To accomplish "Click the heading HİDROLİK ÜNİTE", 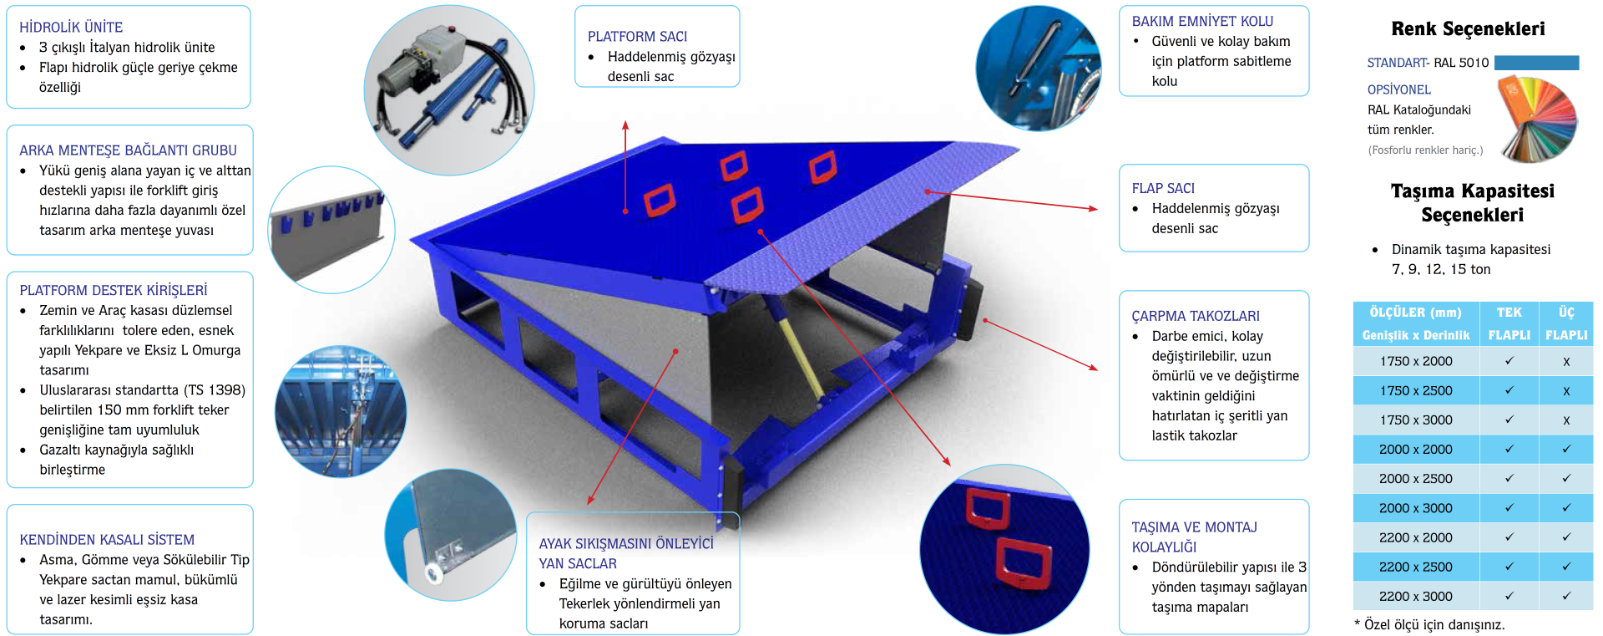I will pos(71,28).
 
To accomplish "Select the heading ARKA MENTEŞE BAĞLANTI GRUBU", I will pos(128,150).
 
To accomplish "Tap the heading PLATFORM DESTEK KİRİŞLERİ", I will pos(114,290).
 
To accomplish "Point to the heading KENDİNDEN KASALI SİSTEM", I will pos(107,540).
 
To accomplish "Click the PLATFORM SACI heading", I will pos(637,37).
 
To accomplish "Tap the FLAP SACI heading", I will pos(1163,189).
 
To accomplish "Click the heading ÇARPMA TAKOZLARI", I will pos(1196,316).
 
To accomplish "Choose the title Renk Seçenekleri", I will pos(1468,29).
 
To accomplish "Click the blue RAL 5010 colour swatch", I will pos(1536,63).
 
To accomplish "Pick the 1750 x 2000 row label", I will pos(1416,361).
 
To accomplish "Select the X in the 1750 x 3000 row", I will pos(1566,420).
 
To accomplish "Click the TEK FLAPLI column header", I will pos(1509,323).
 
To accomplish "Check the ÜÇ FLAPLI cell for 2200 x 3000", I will pos(1566,597).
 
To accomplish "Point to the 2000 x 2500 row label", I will pos(1416,479).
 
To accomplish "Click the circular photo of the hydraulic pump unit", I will pos(449,90).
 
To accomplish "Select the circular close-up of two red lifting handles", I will pos(1004,548).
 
